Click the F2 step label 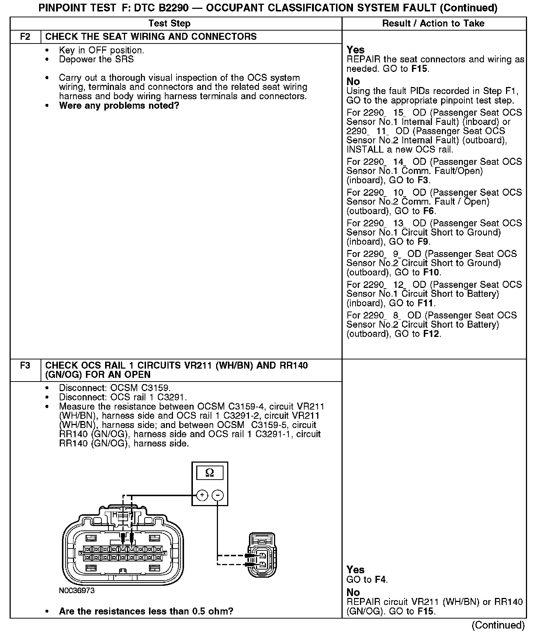(25, 37)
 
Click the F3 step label (25, 366)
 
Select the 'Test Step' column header (169, 24)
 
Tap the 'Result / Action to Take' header (433, 24)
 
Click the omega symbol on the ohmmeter (209, 473)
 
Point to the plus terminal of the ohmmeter (202, 495)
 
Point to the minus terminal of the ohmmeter (218, 495)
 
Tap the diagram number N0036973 (77, 591)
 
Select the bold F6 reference (429, 211)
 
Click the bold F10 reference (432, 272)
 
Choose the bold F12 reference (432, 334)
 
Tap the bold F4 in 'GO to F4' (380, 579)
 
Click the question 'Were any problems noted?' (119, 106)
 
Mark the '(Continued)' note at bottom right (498, 625)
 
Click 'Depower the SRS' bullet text (96, 59)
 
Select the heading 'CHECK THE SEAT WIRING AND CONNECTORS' (151, 37)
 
